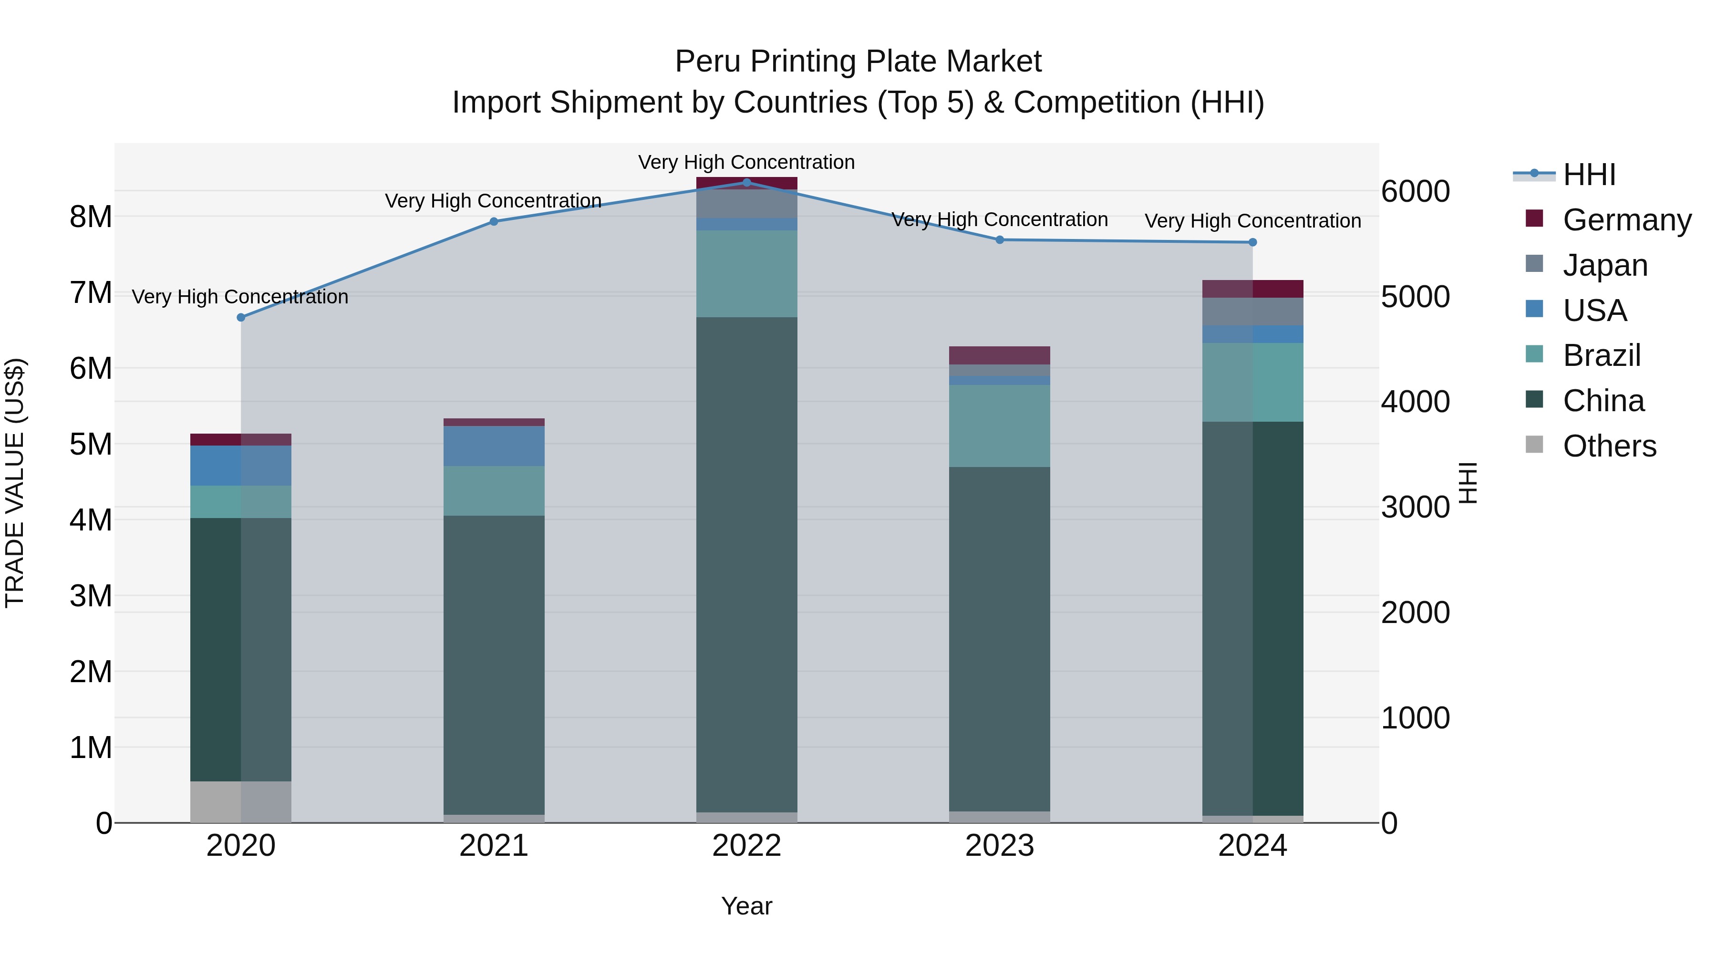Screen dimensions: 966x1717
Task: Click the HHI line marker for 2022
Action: [746, 182]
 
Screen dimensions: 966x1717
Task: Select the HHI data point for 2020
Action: [241, 317]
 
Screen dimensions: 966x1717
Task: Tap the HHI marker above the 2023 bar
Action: [1000, 239]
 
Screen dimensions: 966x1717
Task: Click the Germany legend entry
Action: [1626, 220]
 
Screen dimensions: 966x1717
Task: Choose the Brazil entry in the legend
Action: [1601, 355]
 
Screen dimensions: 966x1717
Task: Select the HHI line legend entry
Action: [1589, 175]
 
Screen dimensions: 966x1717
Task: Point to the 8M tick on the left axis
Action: [91, 217]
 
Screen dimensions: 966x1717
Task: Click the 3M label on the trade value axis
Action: [91, 595]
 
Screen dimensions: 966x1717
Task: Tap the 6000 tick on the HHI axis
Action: [1415, 191]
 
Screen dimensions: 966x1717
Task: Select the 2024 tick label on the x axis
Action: [1252, 846]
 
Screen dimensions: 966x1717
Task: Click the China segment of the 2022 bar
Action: [746, 563]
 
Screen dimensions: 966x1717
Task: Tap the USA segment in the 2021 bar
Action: [494, 446]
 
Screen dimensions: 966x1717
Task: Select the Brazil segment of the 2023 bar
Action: [1000, 426]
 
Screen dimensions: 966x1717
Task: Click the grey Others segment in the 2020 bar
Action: [241, 801]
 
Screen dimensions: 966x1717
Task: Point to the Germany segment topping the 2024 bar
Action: [1252, 289]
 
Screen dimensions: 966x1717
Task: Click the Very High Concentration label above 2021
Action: [493, 201]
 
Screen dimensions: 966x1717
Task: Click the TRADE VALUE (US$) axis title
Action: [15, 483]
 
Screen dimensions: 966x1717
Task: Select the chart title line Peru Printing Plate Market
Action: [858, 62]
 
